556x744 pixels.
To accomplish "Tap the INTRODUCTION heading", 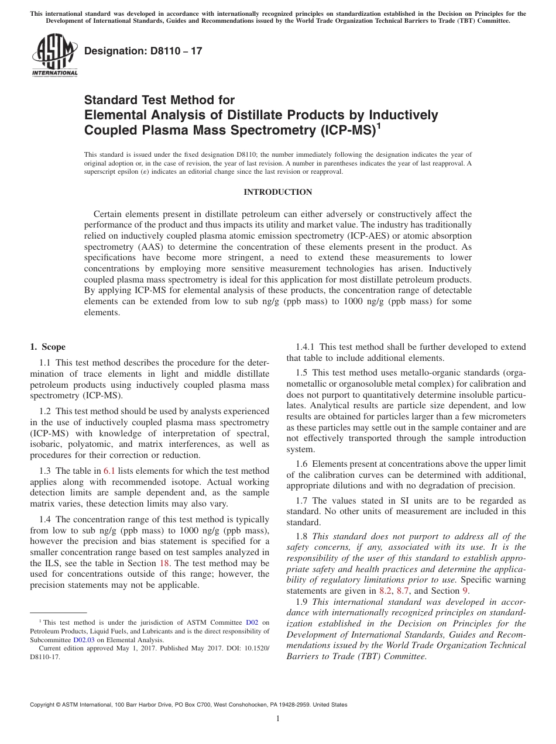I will pos(278,192).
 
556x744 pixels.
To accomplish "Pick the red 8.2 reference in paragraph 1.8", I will pos(386,591).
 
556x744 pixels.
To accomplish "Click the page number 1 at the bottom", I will pos(278,719).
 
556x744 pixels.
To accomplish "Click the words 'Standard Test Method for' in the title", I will pos(159,100).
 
